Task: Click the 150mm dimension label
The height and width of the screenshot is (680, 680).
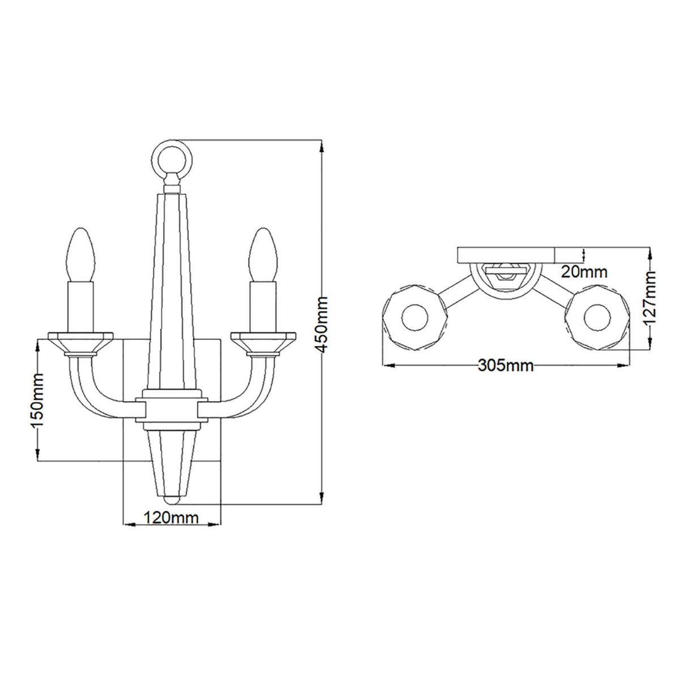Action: [37, 400]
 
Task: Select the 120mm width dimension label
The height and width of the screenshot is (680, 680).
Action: [171, 517]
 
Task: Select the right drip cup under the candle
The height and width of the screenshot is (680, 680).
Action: [263, 342]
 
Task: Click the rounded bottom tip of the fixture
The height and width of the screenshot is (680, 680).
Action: [171, 500]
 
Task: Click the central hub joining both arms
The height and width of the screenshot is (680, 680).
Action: [171, 408]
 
